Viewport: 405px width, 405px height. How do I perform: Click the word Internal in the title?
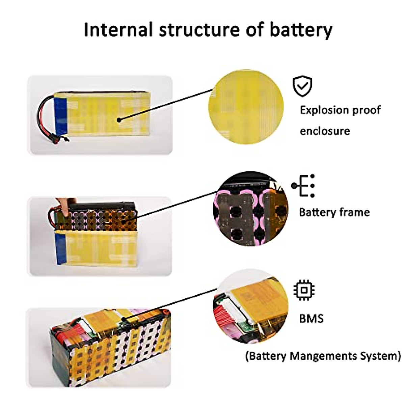pos(118,30)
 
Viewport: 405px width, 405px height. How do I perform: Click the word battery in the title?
pos(301,30)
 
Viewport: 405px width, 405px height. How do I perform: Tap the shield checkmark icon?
pos(302,86)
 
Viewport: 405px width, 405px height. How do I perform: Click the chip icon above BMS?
pos(304,290)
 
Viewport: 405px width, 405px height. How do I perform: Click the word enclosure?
pos(325,131)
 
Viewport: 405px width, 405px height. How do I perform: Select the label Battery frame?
pos(334,212)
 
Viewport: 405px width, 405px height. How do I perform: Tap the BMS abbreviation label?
pos(311,318)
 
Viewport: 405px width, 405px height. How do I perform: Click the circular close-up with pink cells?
pos(250,209)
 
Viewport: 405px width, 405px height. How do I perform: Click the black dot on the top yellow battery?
pos(119,119)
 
